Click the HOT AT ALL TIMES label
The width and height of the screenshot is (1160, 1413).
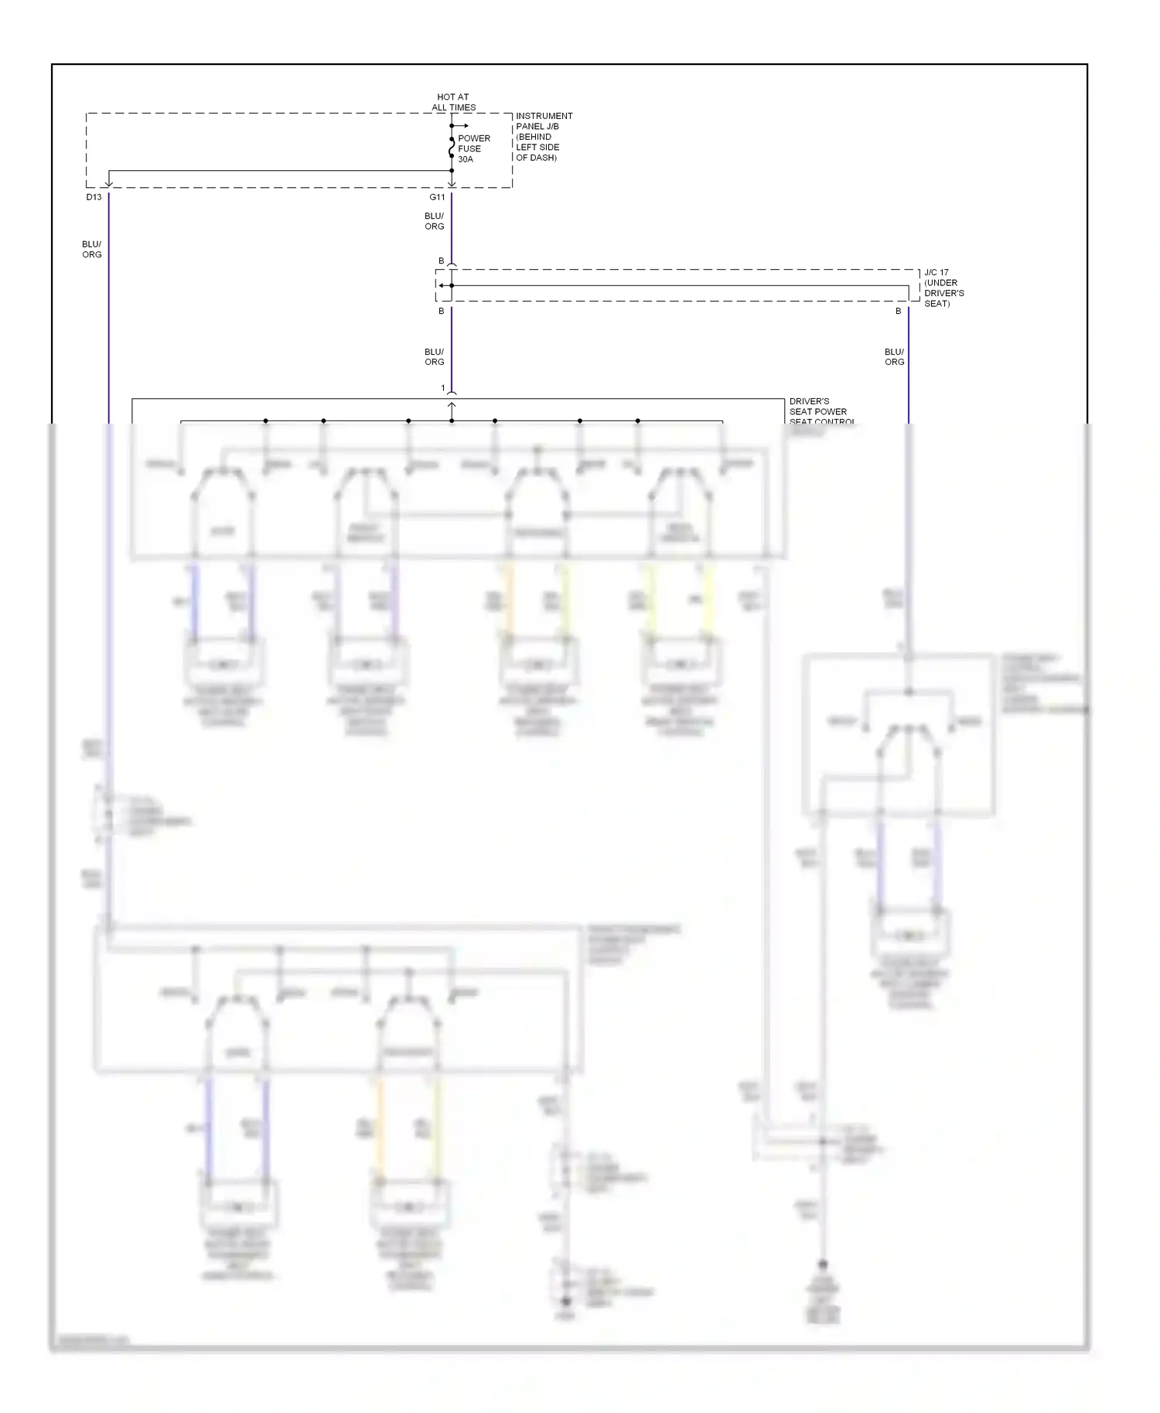click(453, 102)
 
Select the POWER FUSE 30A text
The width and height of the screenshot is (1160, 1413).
click(473, 148)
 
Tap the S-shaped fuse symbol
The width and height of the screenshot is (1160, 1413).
click(452, 148)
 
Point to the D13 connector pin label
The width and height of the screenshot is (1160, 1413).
click(94, 197)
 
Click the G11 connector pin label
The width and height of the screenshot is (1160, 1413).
click(438, 197)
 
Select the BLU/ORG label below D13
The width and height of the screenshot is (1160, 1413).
click(92, 249)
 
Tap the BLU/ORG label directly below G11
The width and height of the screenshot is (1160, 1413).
click(435, 221)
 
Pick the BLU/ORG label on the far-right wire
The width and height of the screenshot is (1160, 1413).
click(895, 356)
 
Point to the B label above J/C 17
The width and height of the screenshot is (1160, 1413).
click(442, 261)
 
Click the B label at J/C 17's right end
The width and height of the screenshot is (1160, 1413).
click(899, 311)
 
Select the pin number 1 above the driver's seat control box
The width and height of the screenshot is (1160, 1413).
click(443, 388)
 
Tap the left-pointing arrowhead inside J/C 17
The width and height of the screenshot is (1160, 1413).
click(441, 285)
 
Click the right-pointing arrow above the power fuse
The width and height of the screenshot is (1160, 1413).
click(462, 125)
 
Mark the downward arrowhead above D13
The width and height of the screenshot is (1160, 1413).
click(109, 183)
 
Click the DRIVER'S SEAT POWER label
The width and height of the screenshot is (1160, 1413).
click(818, 407)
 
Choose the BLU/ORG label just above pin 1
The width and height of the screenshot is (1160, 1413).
click(435, 356)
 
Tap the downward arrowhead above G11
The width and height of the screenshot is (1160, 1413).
click(452, 183)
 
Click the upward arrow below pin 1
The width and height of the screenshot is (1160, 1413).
click(452, 406)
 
